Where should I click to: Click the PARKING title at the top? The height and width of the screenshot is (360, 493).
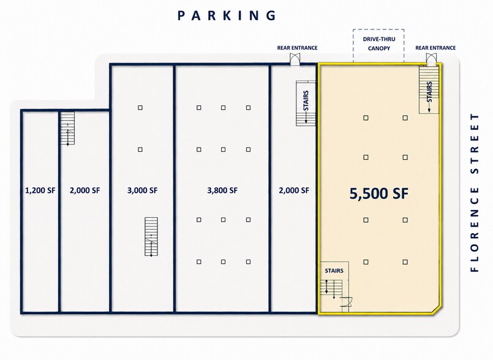pos(227,15)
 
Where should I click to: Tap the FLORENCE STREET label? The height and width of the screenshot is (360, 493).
pos(475,192)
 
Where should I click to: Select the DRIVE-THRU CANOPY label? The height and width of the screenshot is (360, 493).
pos(379,43)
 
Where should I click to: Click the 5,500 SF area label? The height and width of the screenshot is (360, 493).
pos(379,193)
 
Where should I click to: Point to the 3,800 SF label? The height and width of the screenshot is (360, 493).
pos(222,190)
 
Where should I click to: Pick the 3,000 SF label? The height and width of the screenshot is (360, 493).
pos(143,190)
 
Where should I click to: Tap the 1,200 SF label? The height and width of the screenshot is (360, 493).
pos(40,190)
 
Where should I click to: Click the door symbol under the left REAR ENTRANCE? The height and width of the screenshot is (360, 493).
pos(295,59)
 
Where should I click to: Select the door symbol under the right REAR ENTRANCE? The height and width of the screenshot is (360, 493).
pos(431,59)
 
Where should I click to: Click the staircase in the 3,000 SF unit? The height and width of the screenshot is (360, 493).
pos(151,236)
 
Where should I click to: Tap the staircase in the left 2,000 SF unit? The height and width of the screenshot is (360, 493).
pos(67,129)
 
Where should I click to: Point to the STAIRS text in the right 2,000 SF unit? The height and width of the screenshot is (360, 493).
pos(306,100)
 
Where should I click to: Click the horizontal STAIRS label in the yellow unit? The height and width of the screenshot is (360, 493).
pos(334,271)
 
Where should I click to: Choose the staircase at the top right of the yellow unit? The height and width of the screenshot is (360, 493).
pos(429,89)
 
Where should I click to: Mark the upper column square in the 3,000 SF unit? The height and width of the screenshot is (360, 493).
pos(140,108)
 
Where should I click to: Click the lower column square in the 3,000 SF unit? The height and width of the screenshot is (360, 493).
pos(140,149)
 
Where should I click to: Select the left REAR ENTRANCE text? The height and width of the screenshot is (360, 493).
pos(297,48)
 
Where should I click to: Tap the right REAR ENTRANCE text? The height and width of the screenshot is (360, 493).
pos(435,48)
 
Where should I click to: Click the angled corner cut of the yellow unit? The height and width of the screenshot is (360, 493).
pos(437,309)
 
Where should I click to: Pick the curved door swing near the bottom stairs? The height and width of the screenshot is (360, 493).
pos(347,301)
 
